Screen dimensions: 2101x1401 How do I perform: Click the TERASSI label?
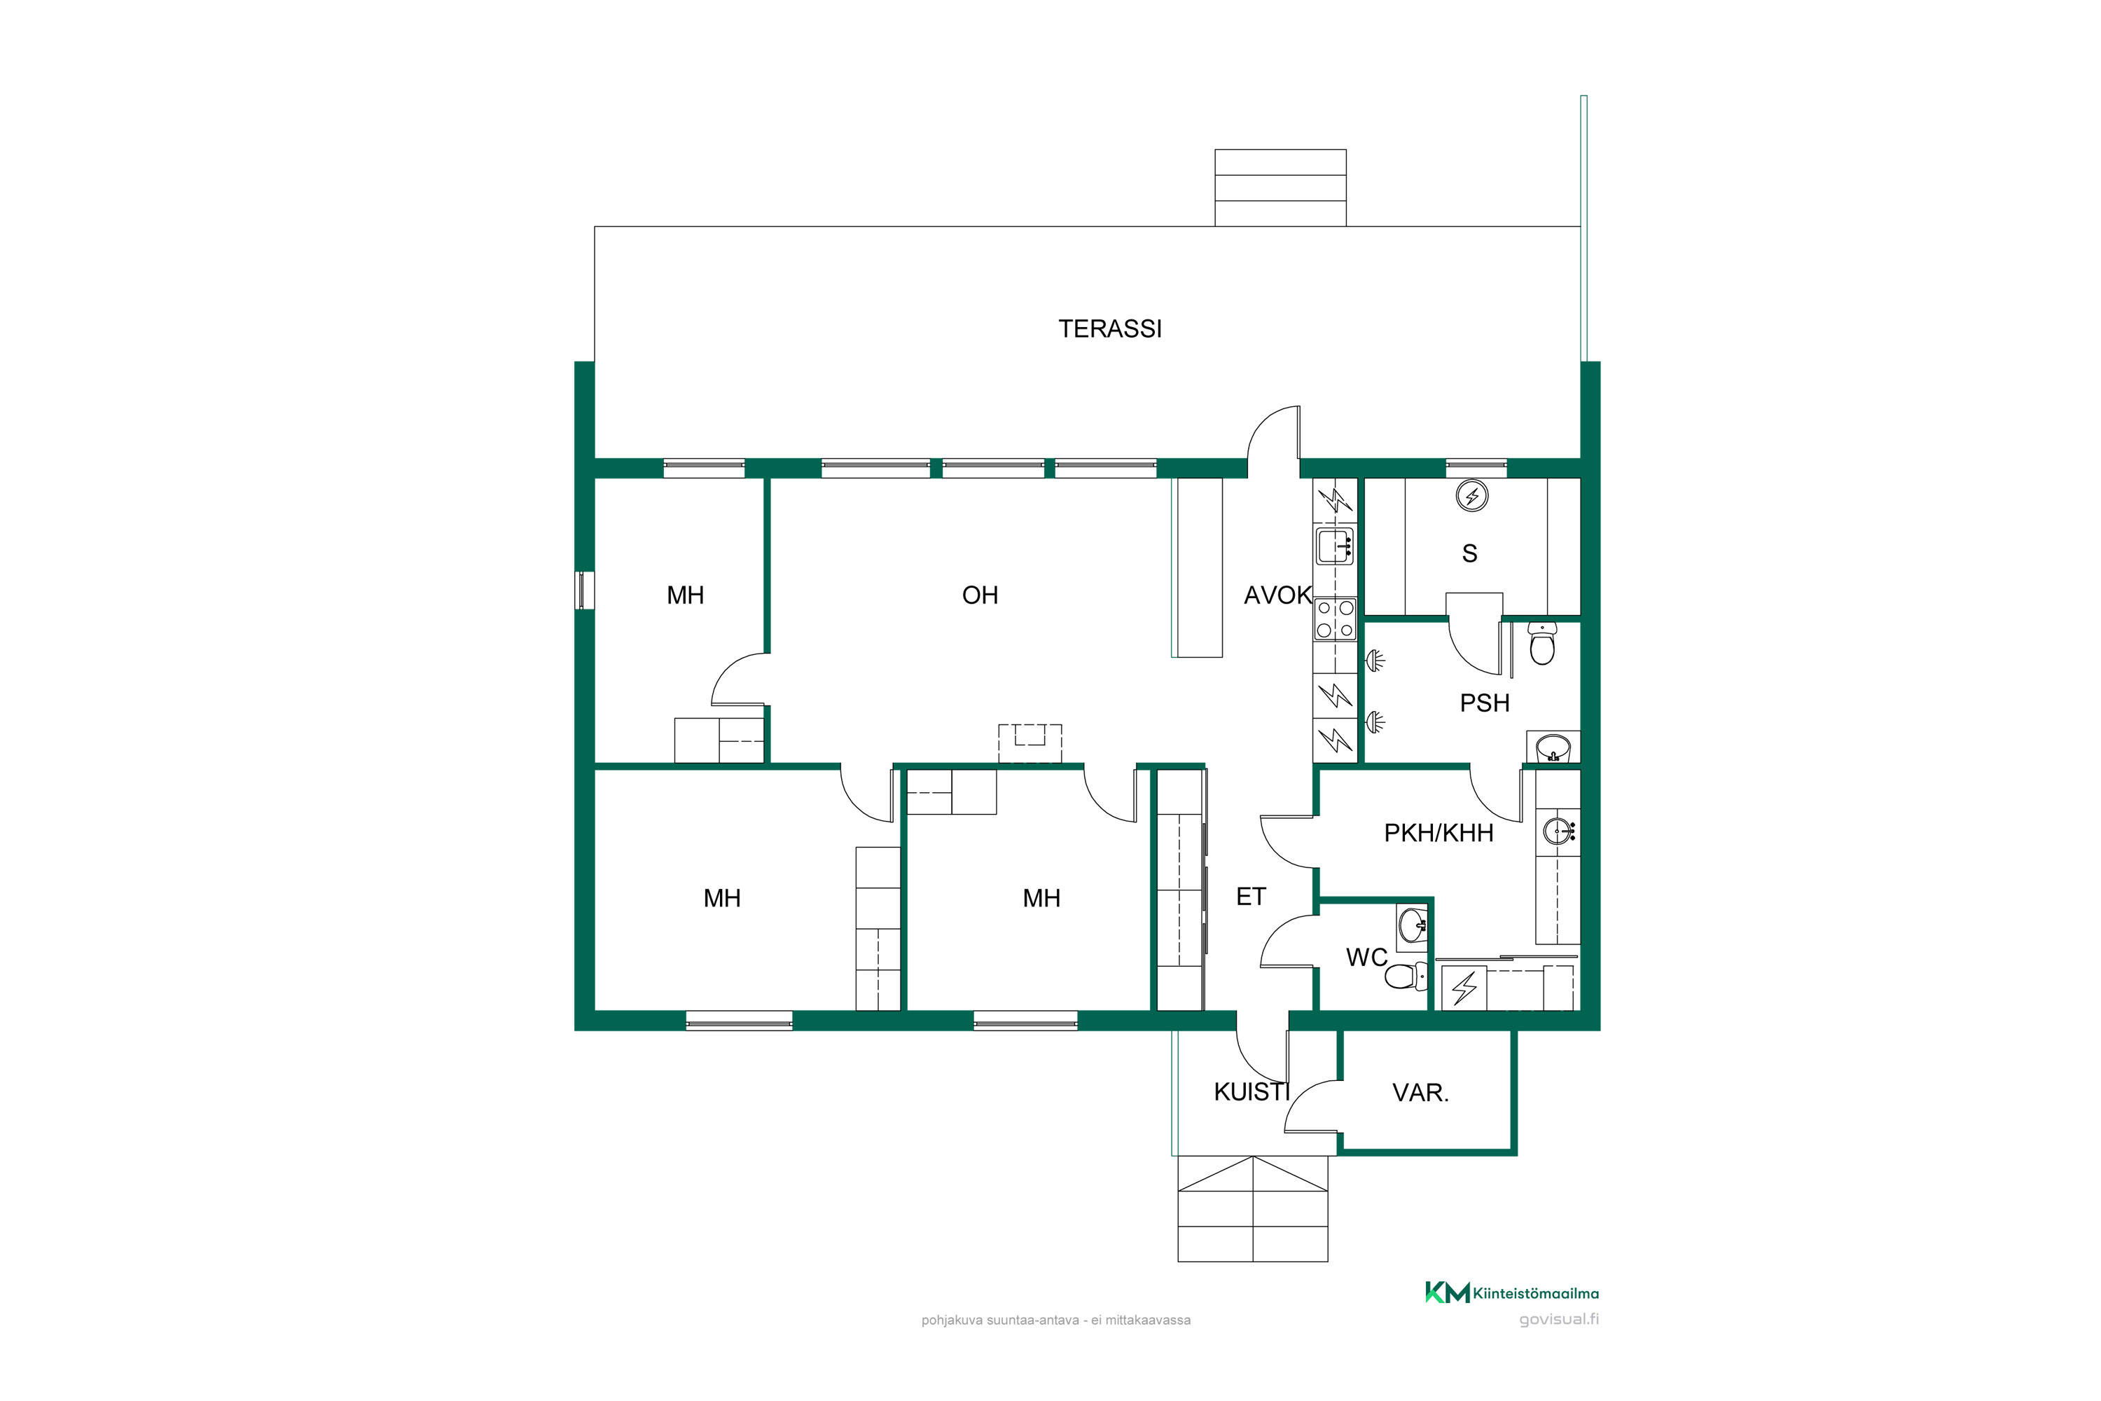1110,329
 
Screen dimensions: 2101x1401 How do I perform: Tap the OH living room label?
980,595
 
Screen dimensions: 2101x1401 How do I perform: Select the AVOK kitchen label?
1277,595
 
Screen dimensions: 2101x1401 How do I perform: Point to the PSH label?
1485,703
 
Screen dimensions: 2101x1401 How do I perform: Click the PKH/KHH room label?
1438,833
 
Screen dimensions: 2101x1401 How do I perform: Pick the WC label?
1367,958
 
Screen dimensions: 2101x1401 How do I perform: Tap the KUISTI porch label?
1251,1092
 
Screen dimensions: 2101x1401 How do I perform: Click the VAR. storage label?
1420,1092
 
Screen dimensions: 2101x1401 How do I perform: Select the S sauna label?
1469,554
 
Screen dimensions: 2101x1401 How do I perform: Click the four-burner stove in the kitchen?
1336,619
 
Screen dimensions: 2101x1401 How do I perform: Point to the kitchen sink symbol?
1336,546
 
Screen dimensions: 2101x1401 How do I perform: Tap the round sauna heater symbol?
1472,496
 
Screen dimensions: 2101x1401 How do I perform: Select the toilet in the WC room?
1405,976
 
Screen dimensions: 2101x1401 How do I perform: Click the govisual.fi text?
1559,1320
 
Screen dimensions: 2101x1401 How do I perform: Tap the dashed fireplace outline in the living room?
1030,743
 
